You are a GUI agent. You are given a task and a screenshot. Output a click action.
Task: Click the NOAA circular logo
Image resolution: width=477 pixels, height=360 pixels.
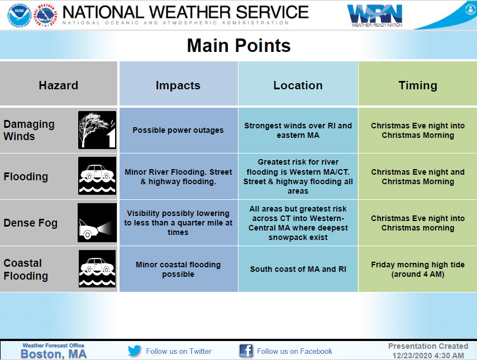[20, 15]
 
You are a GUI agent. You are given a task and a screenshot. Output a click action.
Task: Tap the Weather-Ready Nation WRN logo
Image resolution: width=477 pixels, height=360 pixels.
[375, 16]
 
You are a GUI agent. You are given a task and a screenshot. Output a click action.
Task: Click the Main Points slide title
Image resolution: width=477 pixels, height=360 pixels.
[239, 46]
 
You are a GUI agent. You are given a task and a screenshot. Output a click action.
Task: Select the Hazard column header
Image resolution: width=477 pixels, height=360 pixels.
[59, 85]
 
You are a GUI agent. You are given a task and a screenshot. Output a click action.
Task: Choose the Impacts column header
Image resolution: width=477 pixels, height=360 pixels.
[178, 86]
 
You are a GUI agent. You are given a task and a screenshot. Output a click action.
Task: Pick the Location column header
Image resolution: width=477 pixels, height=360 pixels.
[298, 85]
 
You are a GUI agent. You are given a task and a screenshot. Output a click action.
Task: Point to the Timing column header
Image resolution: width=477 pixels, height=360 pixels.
[418, 86]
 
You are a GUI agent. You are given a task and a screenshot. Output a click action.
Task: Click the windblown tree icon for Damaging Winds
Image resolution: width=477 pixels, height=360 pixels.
[97, 130]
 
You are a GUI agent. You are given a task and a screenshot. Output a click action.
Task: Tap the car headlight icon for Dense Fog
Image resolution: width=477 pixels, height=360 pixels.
[97, 223]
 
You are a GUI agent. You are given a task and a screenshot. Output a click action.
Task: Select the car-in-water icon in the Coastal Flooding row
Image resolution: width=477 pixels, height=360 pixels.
[97, 269]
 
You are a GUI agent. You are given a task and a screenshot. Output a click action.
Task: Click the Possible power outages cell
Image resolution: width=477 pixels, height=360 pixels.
[178, 130]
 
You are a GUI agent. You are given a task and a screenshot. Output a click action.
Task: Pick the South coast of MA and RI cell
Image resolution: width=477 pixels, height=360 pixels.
[298, 269]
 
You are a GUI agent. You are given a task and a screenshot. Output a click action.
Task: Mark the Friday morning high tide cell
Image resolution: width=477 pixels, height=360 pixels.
[418, 270]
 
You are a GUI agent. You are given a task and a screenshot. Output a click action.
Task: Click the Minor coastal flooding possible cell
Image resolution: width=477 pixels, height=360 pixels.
[178, 270]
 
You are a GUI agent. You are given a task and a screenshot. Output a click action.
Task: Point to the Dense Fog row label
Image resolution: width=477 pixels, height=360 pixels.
[30, 223]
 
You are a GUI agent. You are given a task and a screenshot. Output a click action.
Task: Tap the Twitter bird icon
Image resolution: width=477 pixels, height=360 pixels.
[135, 351]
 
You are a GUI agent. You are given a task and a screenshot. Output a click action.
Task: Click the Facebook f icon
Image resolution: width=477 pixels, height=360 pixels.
[246, 351]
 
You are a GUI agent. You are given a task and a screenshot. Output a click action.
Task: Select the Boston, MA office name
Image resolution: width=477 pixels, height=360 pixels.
[54, 354]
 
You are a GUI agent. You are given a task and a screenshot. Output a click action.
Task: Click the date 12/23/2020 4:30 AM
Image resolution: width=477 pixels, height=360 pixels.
[428, 356]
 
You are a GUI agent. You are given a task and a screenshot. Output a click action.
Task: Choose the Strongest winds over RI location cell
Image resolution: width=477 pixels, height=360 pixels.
[298, 131]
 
